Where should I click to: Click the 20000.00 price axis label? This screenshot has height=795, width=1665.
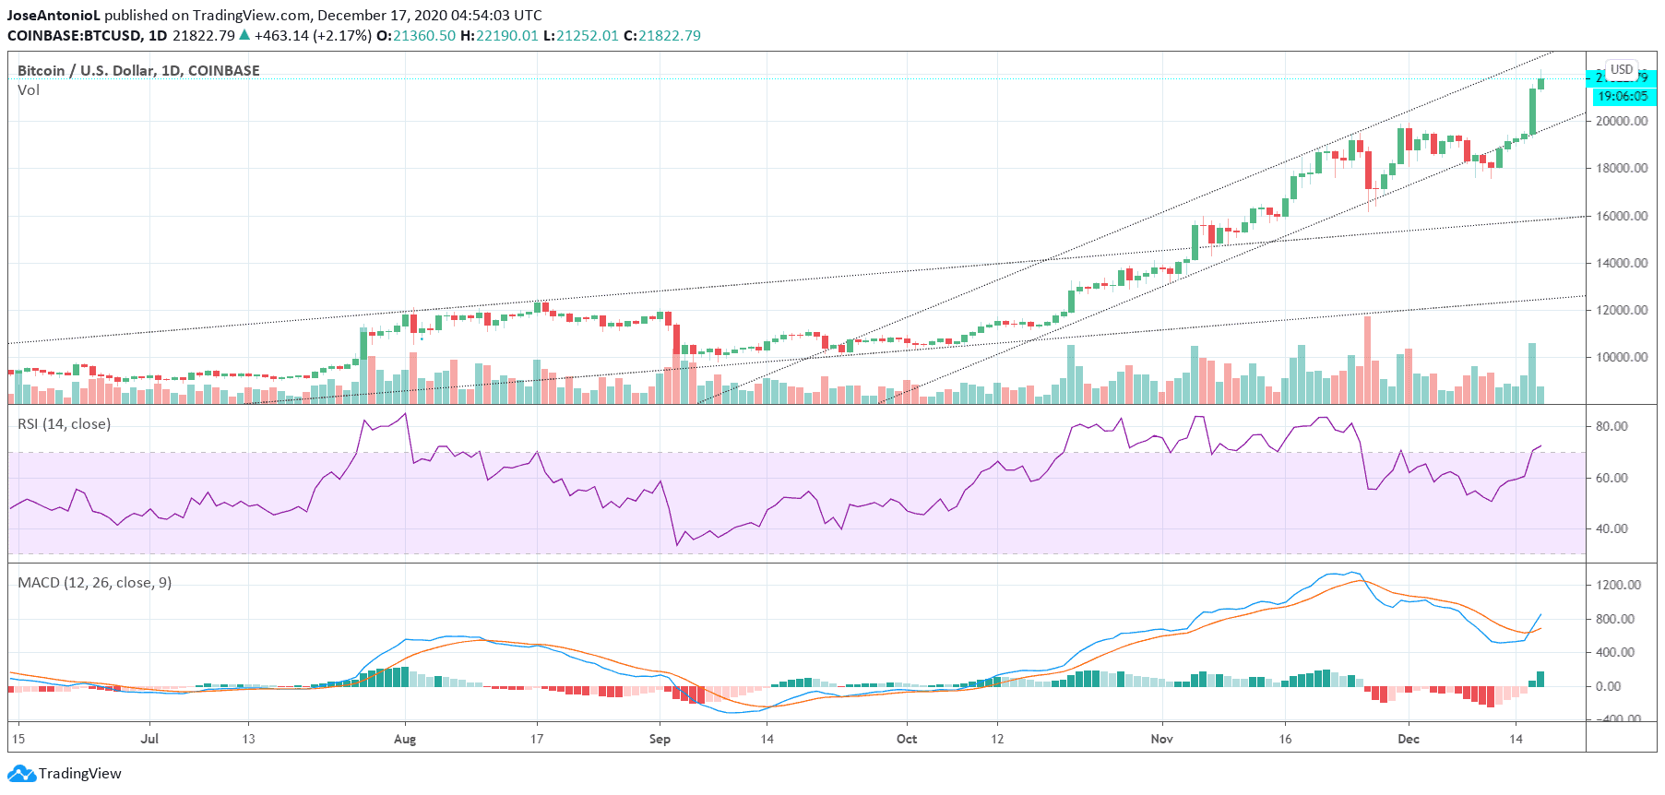pos(1622,121)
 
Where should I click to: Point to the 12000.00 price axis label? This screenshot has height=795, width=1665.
pos(1622,310)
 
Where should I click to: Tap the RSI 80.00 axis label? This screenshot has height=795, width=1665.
pos(1611,426)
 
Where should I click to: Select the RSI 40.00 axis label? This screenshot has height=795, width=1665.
pos(1611,528)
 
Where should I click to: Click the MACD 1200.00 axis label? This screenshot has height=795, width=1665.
pos(1618,585)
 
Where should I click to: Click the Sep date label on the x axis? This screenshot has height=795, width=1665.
pos(660,739)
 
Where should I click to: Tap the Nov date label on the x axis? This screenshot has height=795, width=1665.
pos(1161,739)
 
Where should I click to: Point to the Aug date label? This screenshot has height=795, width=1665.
pos(404,739)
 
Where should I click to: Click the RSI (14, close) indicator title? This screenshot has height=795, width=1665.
pos(64,424)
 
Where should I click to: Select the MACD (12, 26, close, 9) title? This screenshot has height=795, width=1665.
pos(94,583)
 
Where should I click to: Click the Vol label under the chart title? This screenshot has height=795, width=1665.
pos(29,90)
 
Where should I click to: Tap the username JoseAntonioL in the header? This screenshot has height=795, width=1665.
pos(54,16)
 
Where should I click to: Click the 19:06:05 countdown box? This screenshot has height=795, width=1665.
pos(1623,96)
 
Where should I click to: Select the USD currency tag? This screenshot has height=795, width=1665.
pos(1622,70)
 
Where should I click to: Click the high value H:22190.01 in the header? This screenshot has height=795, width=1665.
pos(499,36)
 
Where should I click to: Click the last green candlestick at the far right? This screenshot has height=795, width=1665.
pos(1541,84)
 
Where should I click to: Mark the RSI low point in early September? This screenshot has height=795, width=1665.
pos(677,544)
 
